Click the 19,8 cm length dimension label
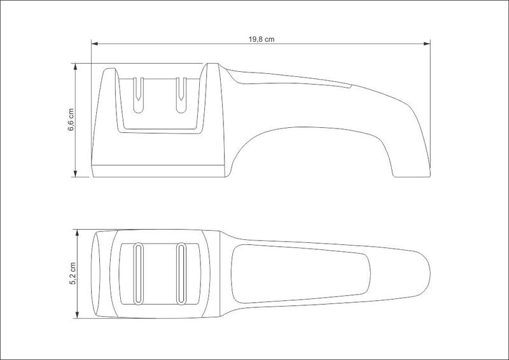click(261, 39)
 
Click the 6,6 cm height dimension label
click(71, 120)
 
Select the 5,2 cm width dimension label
click(73, 273)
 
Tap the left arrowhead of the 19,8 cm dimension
click(94, 43)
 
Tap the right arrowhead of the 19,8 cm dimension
click(427, 43)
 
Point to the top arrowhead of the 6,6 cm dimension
click(75, 67)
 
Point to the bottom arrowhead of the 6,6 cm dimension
click(75, 174)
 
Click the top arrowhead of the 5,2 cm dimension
click(77, 233)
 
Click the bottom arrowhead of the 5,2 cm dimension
click(77, 315)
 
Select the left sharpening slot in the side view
click(138, 95)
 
